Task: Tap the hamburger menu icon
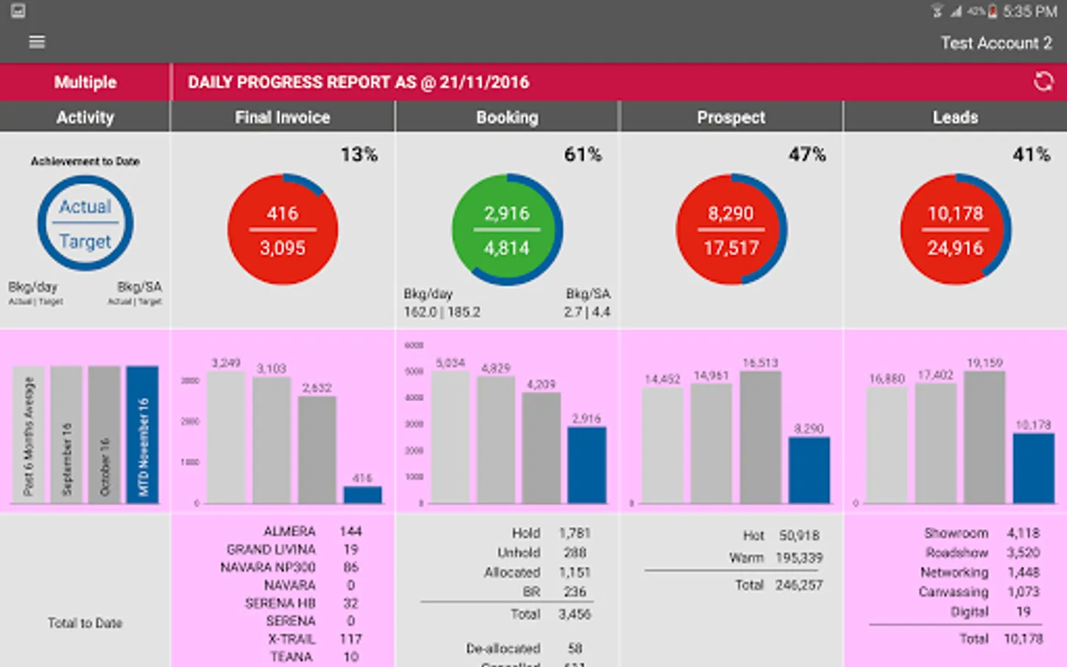37,42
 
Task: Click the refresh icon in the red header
1043,82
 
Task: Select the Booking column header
507,117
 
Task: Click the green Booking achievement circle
507,230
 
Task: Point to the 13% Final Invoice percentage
359,154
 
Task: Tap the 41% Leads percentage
1031,154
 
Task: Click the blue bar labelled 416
362,494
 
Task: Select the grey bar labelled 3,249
226,437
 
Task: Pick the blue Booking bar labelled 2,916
586,465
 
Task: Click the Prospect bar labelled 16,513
760,437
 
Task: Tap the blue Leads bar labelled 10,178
1033,468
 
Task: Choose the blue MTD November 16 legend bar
142,434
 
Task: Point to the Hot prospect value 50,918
799,535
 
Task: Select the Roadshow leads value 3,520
1023,553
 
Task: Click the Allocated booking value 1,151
574,572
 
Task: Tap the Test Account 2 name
996,43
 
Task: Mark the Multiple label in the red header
85,82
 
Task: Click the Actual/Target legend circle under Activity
85,223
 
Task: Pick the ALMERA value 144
350,531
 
